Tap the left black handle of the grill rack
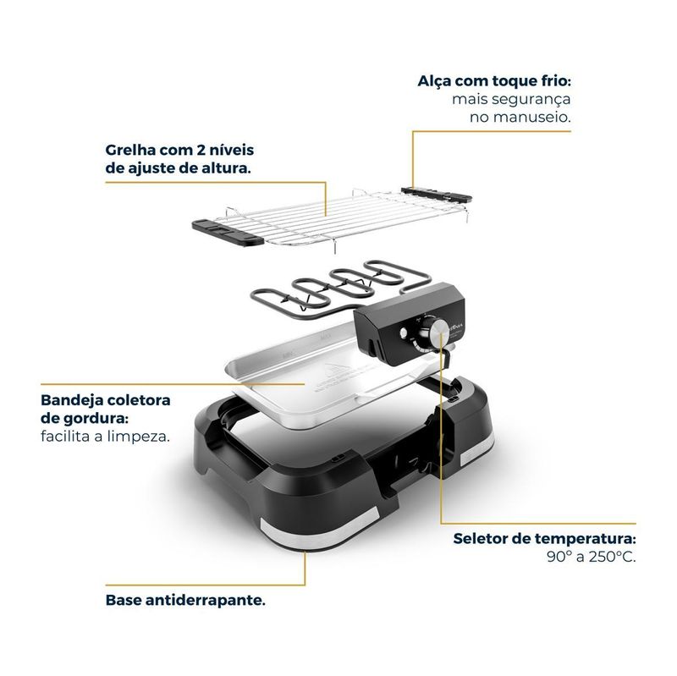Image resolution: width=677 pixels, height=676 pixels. pyautogui.click(x=227, y=232)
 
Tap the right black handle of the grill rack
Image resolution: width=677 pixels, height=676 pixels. pyautogui.click(x=436, y=195)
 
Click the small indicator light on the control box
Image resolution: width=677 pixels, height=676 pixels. pyautogui.click(x=404, y=333)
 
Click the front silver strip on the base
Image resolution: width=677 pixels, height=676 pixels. pyautogui.click(x=320, y=529)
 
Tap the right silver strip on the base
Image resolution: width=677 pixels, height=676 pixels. pyautogui.click(x=477, y=449)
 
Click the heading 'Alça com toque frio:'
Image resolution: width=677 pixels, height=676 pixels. pyautogui.click(x=494, y=81)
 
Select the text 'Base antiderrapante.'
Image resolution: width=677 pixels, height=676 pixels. pyautogui.click(x=185, y=600)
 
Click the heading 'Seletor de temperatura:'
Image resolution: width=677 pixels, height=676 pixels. pyautogui.click(x=544, y=539)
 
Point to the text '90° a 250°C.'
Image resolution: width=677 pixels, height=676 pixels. pyautogui.click(x=591, y=557)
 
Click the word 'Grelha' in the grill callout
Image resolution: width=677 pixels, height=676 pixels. pyautogui.click(x=130, y=151)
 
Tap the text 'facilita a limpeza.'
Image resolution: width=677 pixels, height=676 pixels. pyautogui.click(x=105, y=437)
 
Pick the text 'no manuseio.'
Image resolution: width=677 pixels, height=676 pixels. pyautogui.click(x=520, y=117)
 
